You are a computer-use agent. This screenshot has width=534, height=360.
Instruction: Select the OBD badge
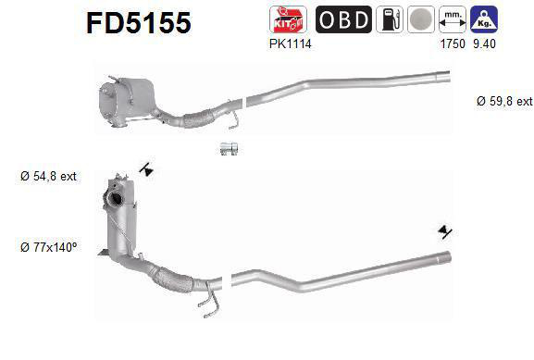tap(343, 19)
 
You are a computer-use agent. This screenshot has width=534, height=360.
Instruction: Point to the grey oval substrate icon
tap(422, 19)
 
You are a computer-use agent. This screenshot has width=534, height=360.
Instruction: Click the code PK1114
tap(289, 43)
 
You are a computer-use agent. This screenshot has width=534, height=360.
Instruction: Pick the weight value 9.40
tap(484, 43)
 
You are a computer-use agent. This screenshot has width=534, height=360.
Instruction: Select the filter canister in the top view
tap(129, 96)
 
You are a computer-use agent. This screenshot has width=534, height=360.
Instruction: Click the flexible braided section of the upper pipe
tap(196, 118)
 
